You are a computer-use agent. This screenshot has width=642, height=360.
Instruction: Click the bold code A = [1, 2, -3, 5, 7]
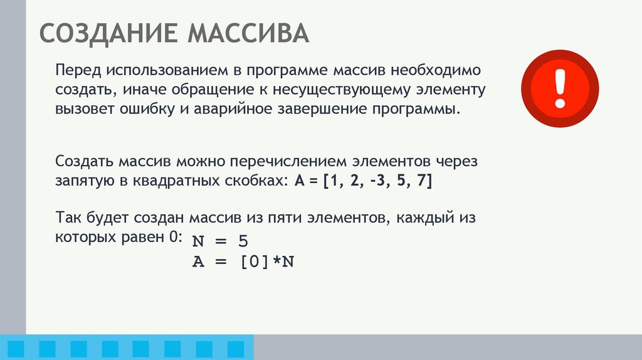(x=363, y=182)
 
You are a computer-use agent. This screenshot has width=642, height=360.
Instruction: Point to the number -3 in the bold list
(x=378, y=182)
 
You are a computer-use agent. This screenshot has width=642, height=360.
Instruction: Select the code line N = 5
(x=221, y=241)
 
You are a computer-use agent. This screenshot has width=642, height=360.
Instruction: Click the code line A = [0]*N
(x=243, y=262)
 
